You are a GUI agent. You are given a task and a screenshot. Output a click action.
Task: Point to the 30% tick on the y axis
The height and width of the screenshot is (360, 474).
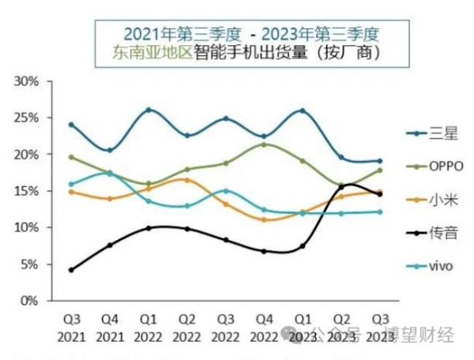click(27, 81)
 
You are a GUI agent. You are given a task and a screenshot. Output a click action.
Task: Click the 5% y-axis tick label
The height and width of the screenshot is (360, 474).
click(30, 264)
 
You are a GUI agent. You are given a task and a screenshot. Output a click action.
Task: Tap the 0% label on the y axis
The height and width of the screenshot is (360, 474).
click(30, 301)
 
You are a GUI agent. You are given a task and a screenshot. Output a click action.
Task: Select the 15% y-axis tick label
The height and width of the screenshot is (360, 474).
click(27, 191)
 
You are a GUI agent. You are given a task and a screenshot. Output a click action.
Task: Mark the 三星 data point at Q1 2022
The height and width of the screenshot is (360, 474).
click(149, 110)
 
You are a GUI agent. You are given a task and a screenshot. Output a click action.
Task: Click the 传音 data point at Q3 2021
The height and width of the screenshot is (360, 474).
click(71, 270)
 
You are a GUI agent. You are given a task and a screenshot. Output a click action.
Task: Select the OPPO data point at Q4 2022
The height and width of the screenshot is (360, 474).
click(264, 144)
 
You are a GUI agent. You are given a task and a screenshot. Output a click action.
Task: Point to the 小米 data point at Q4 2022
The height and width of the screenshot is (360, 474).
click(264, 219)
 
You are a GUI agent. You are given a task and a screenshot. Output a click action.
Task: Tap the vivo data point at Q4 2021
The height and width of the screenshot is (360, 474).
click(110, 173)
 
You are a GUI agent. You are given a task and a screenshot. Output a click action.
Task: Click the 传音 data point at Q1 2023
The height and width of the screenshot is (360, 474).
click(303, 246)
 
